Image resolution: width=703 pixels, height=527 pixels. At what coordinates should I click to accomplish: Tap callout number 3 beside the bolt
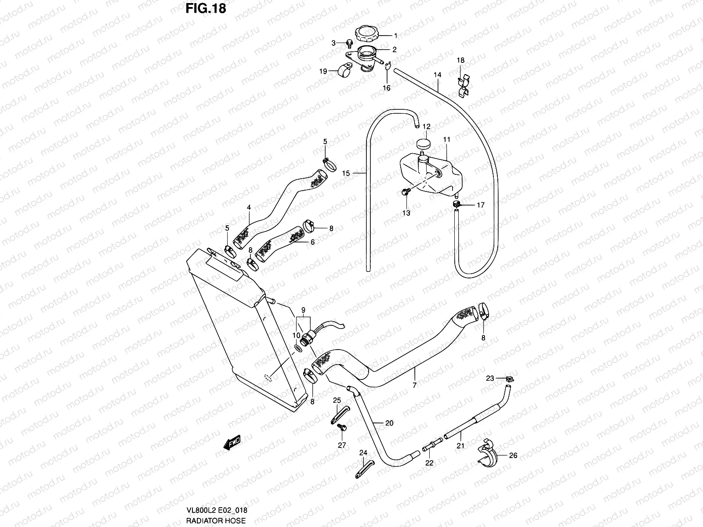point(333,43)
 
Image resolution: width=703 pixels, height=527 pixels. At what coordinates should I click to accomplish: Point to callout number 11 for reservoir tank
point(447,140)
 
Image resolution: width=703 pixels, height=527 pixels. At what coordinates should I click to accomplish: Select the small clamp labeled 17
point(457,204)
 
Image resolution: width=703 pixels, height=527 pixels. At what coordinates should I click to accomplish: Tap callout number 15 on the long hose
point(346,173)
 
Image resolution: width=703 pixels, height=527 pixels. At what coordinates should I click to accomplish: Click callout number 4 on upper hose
point(249,207)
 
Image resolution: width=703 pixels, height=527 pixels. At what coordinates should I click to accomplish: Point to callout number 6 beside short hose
point(312,242)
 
